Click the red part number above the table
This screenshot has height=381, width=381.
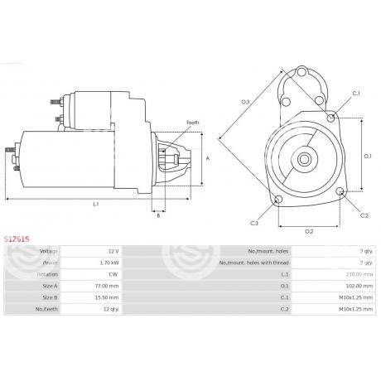[x=17, y=235]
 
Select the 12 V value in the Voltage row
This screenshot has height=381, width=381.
[x=113, y=250]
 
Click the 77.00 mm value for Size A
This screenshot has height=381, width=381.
[x=108, y=284]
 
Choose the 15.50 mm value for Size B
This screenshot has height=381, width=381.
[x=108, y=296]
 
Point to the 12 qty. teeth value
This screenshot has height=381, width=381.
[x=110, y=307]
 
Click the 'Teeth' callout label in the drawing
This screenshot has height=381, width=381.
[x=192, y=122]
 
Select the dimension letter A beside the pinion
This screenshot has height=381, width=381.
[x=208, y=158]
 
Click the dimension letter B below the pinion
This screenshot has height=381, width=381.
[x=158, y=215]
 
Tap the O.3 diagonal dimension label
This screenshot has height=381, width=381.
[x=245, y=102]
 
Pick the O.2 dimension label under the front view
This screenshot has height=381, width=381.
[x=308, y=230]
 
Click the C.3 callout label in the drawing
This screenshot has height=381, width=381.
[x=254, y=224]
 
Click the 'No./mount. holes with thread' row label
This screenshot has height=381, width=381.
[x=267, y=262]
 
